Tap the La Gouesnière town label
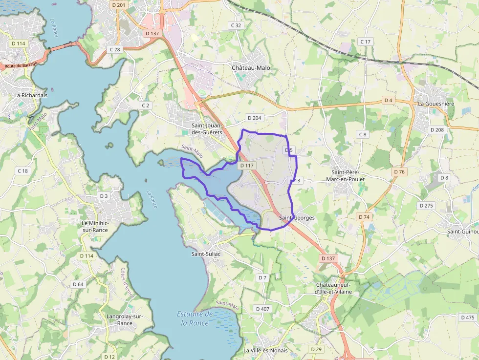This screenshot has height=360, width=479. click(436, 104)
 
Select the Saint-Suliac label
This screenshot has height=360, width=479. click(206, 254)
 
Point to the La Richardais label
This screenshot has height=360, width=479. click(31, 95)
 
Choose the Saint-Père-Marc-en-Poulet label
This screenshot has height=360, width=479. click(348, 176)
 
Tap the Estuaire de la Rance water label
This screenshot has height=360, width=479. click(195, 318)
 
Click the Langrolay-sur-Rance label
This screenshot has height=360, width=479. click(125, 319)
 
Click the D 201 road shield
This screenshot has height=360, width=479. click(118, 5)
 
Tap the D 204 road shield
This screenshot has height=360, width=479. click(255, 118)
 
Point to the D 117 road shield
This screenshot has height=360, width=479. click(247, 166)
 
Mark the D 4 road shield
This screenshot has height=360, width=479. click(388, 100)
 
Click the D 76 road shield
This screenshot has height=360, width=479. click(399, 172)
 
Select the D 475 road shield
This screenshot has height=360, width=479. click(467, 318)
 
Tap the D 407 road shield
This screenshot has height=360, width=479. click(262, 309)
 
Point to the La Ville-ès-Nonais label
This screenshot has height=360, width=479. click(265, 350)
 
